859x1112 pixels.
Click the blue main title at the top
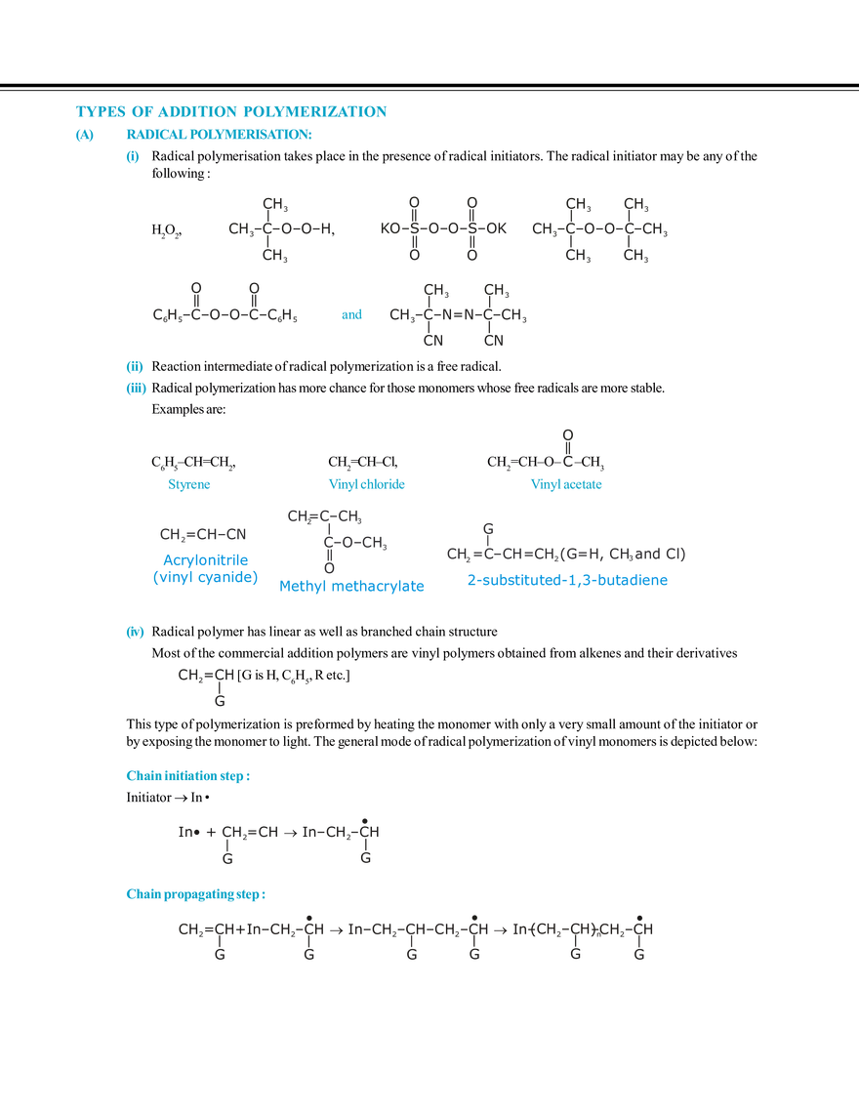pyautogui.click(x=230, y=111)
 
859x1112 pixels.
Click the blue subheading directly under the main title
pyautogui.click(x=220, y=135)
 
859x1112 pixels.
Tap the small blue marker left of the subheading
pyautogui.click(x=85, y=136)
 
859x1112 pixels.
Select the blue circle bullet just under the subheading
pyautogui.click(x=135, y=158)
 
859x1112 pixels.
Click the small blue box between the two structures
pyautogui.click(x=350, y=315)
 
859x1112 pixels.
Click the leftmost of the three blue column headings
pyautogui.click(x=190, y=483)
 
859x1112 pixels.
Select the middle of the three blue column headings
pyautogui.click(x=367, y=484)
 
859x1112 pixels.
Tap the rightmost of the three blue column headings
pyautogui.click(x=566, y=484)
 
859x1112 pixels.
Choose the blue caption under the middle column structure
pyautogui.click(x=352, y=586)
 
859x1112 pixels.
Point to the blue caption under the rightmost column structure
pyautogui.click(x=569, y=580)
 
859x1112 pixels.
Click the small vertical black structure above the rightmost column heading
pyautogui.click(x=566, y=445)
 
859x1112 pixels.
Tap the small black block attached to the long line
pyautogui.click(x=203, y=675)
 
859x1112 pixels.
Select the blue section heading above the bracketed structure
pyautogui.click(x=189, y=777)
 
